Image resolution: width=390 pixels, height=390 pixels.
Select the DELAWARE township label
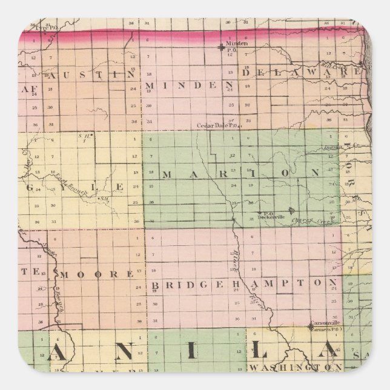coord(302,71)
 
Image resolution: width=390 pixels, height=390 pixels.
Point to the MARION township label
coord(240,174)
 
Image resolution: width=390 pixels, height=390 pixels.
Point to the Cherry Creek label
coord(317,222)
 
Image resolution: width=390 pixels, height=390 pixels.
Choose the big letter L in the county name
coord(253,352)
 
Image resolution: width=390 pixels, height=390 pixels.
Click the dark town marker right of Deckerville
coord(292,211)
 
